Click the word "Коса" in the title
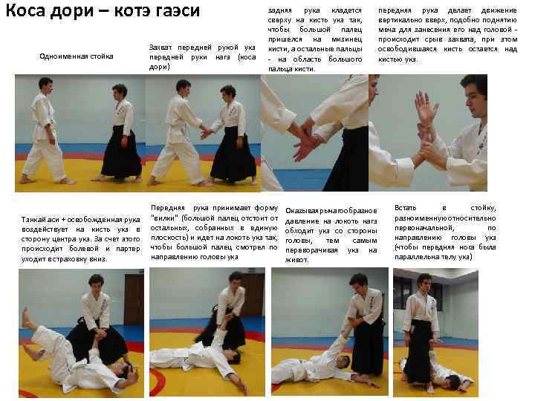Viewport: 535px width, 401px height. (x=25, y=10)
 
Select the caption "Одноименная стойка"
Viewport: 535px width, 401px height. (x=77, y=56)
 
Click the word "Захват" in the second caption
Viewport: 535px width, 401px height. (x=160, y=48)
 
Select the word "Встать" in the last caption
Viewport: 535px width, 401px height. (x=406, y=208)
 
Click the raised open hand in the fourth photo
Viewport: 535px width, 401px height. (x=425, y=106)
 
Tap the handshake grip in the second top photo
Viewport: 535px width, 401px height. (x=206, y=132)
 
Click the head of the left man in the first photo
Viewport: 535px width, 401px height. (x=45, y=85)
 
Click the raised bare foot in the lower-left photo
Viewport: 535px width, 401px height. (x=25, y=318)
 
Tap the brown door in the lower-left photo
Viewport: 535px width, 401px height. (x=134, y=299)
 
